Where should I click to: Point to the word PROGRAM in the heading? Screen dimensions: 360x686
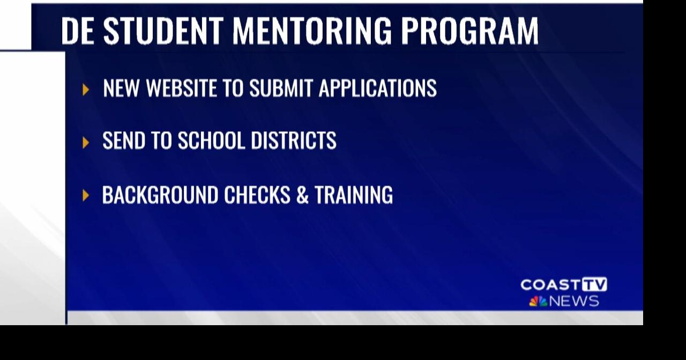click(469, 31)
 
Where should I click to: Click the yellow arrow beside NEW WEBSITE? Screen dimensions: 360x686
click(86, 89)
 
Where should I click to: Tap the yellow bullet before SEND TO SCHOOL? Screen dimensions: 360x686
click(86, 142)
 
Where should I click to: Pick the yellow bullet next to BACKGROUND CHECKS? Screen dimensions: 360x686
click(86, 196)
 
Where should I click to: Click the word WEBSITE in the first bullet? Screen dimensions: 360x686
click(181, 88)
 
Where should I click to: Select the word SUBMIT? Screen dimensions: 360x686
click(281, 88)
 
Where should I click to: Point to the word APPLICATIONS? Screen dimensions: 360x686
click(377, 88)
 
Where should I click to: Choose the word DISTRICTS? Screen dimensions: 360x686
click(294, 141)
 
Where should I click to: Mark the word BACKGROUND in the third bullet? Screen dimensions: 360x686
click(160, 195)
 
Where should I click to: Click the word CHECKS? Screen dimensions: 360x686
click(257, 195)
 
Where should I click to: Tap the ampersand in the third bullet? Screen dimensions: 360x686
click(302, 195)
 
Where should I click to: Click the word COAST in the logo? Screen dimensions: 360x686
click(550, 284)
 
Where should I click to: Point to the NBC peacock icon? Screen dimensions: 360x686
click(538, 302)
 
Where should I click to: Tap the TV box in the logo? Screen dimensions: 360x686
click(595, 284)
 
